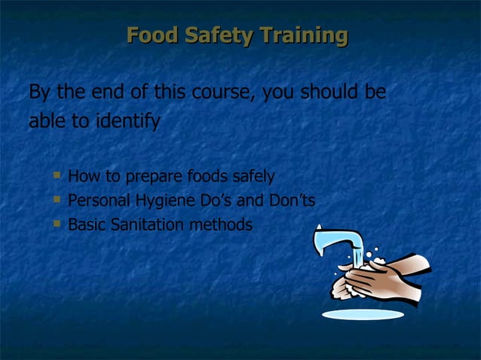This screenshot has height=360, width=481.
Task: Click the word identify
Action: [x=126, y=121]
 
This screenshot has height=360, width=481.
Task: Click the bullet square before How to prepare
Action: [x=57, y=175]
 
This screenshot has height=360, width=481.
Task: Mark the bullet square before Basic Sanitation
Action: [x=57, y=224]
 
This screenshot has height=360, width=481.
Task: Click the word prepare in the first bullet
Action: [x=144, y=177]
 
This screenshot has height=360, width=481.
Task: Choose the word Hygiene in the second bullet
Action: [x=161, y=201]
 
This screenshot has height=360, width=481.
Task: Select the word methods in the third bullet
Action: [x=223, y=224]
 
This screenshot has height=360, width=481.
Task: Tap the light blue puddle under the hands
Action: [x=363, y=314]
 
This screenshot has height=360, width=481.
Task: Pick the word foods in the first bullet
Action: [x=196, y=177]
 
